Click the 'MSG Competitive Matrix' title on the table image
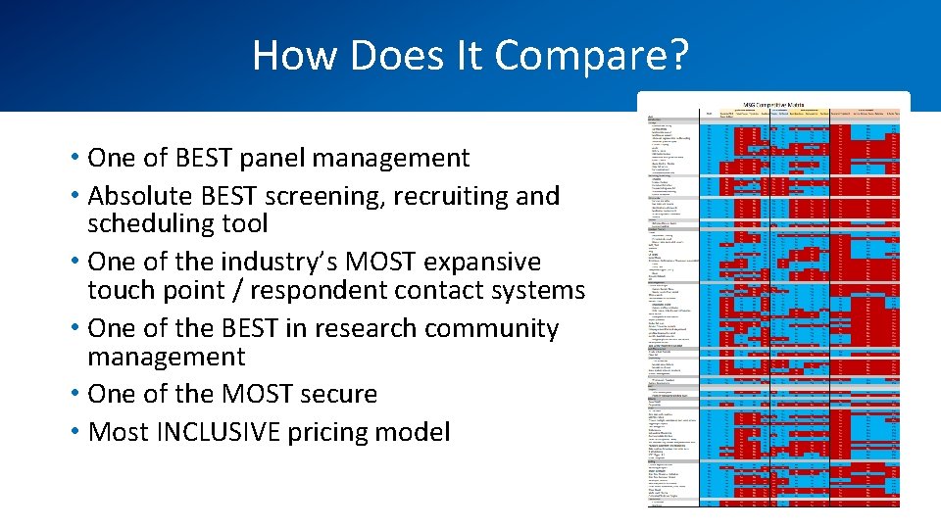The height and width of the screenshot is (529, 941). pyautogui.click(x=774, y=103)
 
